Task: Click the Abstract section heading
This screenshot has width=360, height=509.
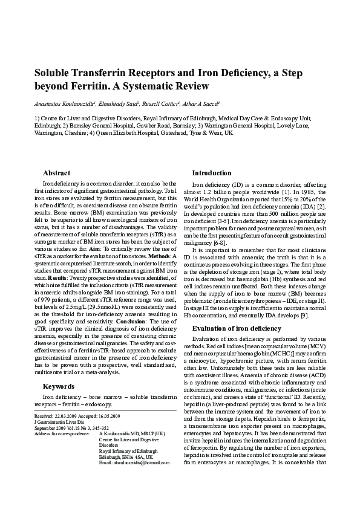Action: coord(57,173)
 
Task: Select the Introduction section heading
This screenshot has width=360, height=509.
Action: coord(212,173)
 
